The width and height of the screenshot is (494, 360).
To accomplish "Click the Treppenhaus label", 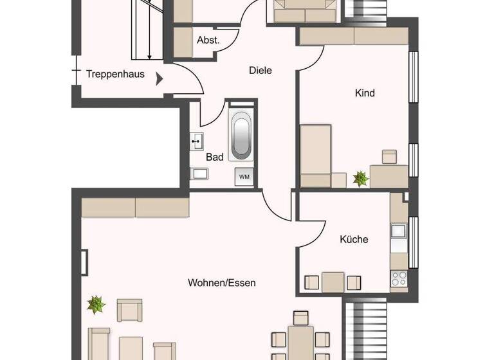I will click(x=115, y=75).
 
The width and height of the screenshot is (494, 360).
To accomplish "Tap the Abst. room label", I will click(x=208, y=40).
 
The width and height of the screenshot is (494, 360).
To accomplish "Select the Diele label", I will click(x=260, y=71).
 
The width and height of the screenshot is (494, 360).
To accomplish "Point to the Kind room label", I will click(x=365, y=93).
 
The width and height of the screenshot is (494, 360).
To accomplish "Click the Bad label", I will click(x=214, y=157).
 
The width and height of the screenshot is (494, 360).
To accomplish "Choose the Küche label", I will click(x=354, y=239).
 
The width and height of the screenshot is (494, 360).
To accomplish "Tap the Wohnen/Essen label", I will click(x=221, y=283).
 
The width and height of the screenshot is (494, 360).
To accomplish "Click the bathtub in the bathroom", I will click(x=241, y=135).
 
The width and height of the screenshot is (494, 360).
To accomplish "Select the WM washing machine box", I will click(x=245, y=176).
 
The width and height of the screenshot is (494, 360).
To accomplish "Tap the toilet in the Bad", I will click(x=198, y=173).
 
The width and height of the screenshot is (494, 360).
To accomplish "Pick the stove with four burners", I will click(x=399, y=278).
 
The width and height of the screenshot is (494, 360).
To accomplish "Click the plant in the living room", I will click(x=96, y=304).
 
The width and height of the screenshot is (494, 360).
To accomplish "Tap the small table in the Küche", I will click(x=333, y=282).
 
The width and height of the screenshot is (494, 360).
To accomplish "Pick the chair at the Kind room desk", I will click(x=390, y=157).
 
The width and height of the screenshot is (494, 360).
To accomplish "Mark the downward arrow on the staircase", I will click(x=149, y=51).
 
